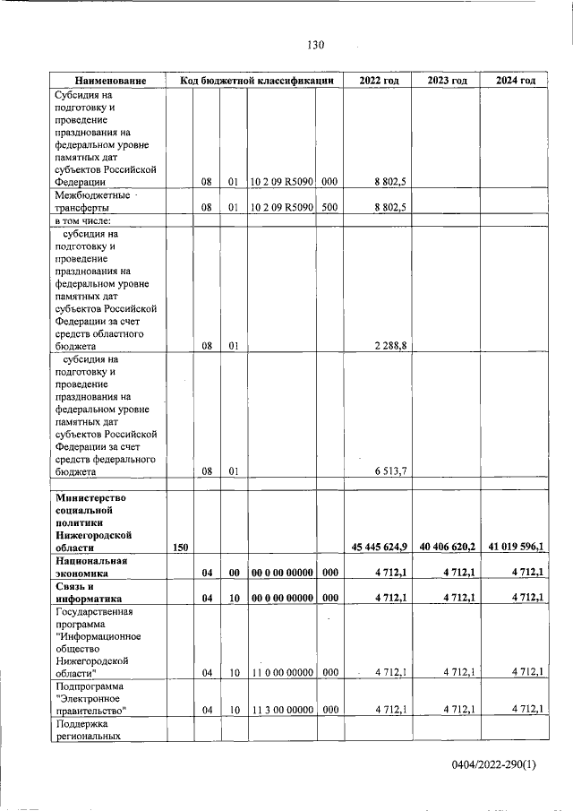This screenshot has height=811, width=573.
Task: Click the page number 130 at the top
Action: click(314, 45)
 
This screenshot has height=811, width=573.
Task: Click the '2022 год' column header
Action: click(379, 81)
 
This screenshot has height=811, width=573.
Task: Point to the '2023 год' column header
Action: click(447, 81)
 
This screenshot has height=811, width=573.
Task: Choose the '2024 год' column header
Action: click(515, 81)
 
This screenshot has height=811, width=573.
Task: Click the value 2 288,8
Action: click(390, 347)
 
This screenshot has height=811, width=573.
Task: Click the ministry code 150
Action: click(180, 546)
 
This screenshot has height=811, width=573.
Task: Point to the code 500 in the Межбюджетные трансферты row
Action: click(329, 206)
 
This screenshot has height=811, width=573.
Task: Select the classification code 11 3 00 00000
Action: click(281, 709)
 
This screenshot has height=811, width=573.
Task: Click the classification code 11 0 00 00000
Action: click(281, 671)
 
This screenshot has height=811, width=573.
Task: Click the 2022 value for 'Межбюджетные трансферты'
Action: click(390, 206)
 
